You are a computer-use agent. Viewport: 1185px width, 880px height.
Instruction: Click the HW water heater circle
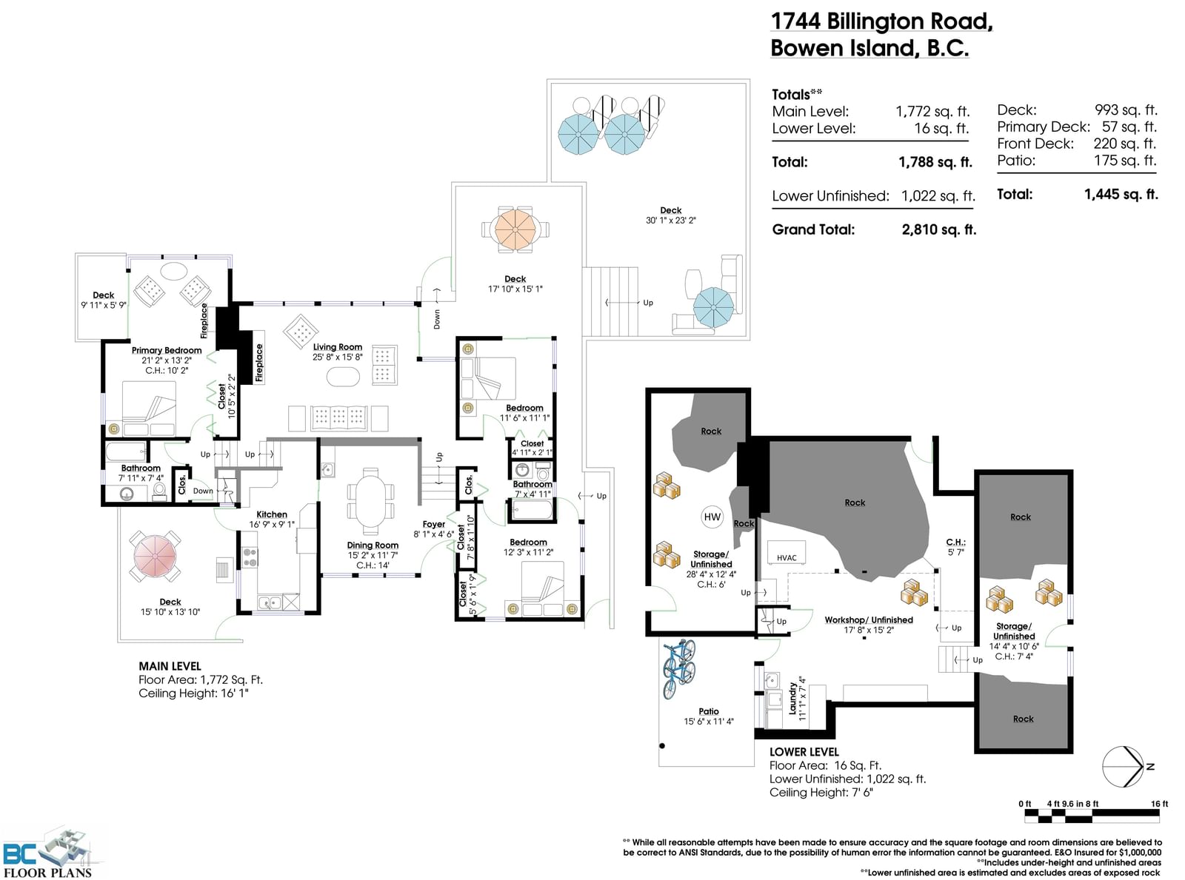712,517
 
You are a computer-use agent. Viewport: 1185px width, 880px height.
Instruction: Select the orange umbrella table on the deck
515,229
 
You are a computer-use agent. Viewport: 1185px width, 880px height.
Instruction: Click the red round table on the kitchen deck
155,556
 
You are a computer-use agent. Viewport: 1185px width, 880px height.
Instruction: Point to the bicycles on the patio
679,668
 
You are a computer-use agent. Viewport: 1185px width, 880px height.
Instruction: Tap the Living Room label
338,347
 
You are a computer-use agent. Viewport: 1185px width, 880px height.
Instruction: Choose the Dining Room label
373,545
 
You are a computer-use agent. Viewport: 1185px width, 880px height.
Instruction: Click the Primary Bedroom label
167,350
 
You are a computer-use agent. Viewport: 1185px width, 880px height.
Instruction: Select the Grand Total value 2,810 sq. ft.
938,229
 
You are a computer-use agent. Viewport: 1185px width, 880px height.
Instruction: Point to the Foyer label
434,524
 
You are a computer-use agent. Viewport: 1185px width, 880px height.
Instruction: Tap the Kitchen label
271,514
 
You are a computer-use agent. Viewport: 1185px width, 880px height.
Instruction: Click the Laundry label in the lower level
792,698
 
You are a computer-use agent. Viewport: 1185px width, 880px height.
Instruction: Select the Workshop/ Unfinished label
869,619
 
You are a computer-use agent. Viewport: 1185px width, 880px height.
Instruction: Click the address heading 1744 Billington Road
881,21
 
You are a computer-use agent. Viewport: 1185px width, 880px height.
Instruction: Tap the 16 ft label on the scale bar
1159,804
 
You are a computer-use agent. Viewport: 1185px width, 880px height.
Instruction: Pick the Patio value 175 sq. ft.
1125,160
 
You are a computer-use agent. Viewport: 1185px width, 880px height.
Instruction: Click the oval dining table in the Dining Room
370,501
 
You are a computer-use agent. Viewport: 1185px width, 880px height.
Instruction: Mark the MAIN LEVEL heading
170,666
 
